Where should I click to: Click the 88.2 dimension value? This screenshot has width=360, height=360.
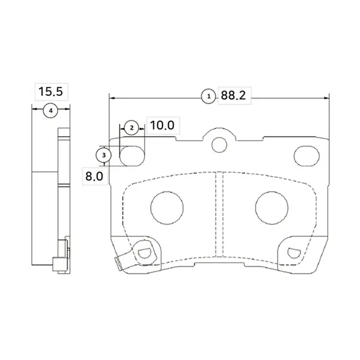click(x=233, y=95)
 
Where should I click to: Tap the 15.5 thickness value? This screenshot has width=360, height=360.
click(x=50, y=91)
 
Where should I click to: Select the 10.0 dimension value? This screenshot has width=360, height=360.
click(x=163, y=125)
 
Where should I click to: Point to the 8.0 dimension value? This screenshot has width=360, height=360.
click(x=94, y=176)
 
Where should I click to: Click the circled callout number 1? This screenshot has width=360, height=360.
click(x=208, y=96)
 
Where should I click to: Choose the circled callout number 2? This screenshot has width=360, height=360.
click(x=131, y=128)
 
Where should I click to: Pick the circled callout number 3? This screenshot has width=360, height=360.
click(x=104, y=155)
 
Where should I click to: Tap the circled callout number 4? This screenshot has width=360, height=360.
click(x=50, y=110)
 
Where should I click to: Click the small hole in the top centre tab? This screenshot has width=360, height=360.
click(x=220, y=145)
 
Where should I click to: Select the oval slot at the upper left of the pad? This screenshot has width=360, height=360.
click(x=132, y=155)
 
